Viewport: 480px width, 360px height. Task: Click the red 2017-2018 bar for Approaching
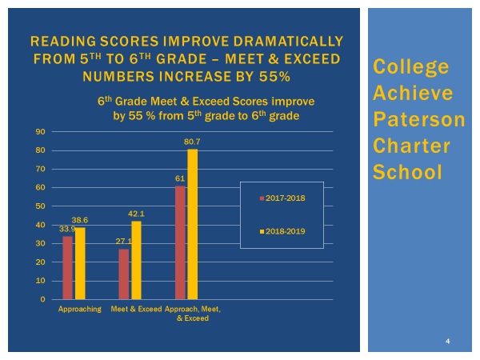tap(68, 268)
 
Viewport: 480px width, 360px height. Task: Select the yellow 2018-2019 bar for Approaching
tap(79, 264)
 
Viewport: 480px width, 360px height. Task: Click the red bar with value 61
tap(181, 242)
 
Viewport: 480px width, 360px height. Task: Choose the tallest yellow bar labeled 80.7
tap(192, 225)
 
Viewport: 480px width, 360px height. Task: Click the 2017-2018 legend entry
tap(282, 198)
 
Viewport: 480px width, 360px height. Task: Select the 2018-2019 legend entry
tap(282, 231)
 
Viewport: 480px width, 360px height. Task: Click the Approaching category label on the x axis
tap(79, 309)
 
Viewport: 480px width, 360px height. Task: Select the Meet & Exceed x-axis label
tap(136, 309)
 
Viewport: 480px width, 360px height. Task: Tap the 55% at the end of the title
tap(276, 76)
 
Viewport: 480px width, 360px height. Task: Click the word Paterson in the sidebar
tap(418, 120)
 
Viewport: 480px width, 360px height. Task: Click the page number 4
tap(448, 342)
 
